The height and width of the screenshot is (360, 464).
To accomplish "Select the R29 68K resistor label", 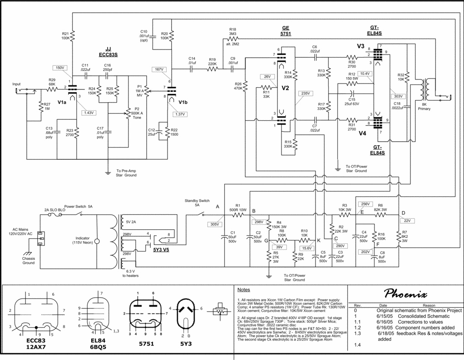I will tap(52, 82).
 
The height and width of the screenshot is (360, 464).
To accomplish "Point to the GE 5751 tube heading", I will tap(286, 30).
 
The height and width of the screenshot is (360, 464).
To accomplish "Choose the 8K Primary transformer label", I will tap(424, 106).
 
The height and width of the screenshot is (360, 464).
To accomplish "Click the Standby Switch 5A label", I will tap(197, 202).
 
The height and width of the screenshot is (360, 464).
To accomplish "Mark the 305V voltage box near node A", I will tap(214, 224).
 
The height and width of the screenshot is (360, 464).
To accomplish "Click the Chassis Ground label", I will tap(29, 261).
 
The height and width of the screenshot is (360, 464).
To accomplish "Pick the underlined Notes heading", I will tap(244, 290).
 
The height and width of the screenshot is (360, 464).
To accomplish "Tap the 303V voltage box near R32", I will tap(398, 96).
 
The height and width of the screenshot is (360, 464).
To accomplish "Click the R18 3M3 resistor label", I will tap(232, 31).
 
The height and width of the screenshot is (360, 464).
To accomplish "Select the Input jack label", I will tap(16, 84).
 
